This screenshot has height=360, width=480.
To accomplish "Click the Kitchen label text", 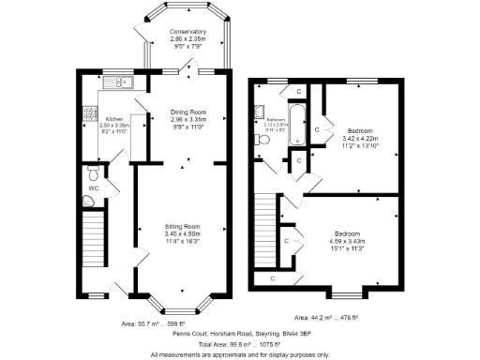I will point(113,119).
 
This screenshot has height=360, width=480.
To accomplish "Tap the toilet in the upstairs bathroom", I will point(263,140).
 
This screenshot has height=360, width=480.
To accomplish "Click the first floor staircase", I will point(268,225).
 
